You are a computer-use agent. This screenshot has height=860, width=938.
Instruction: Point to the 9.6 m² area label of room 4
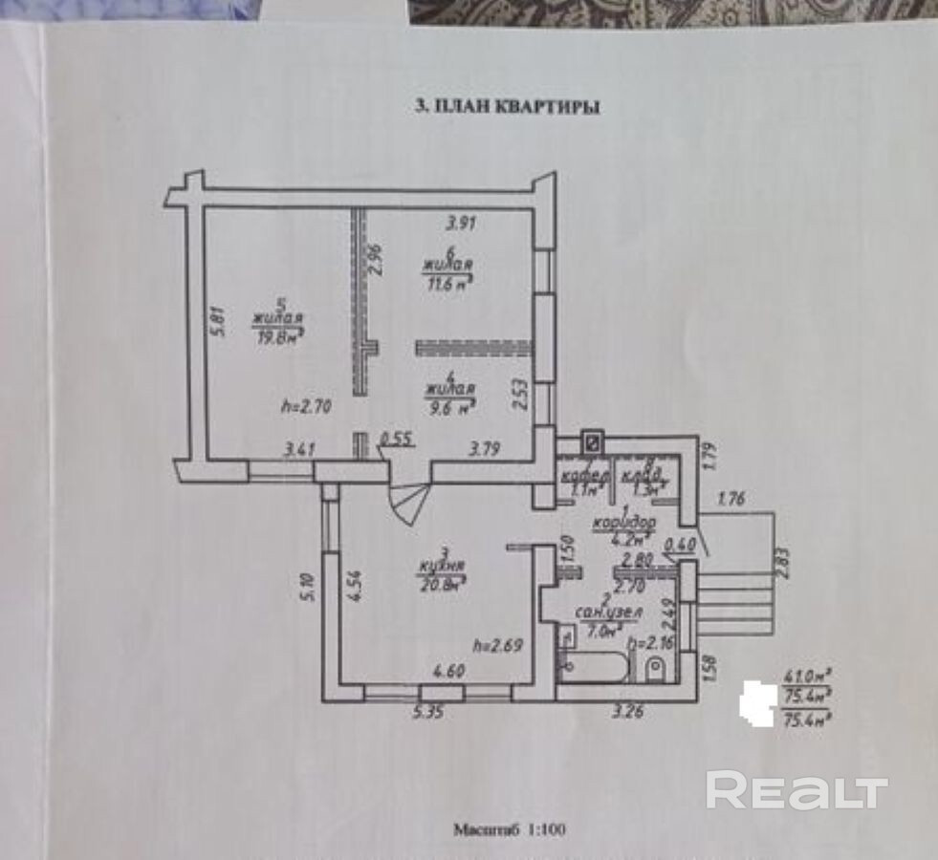click(x=451, y=405)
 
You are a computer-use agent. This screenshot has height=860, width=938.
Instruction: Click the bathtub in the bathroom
click(x=593, y=666)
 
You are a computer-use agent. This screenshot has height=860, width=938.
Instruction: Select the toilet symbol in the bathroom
click(x=657, y=668)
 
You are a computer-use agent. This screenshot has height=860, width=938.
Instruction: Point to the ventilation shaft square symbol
click(x=592, y=442)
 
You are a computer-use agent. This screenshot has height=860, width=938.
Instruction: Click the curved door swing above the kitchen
click(x=408, y=503)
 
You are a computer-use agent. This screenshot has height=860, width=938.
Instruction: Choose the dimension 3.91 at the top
click(x=462, y=225)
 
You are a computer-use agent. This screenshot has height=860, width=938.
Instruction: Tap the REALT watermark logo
click(x=797, y=789)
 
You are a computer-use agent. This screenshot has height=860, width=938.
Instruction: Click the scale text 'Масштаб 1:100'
click(x=510, y=829)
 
